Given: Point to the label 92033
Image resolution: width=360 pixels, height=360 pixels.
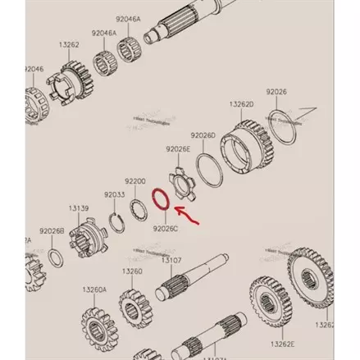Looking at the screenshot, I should (x=115, y=195).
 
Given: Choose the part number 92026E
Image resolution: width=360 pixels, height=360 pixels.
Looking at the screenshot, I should (x=178, y=149).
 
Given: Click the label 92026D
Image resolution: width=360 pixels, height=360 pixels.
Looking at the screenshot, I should (x=203, y=134).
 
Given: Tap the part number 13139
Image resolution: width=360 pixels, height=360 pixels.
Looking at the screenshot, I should (x=80, y=209).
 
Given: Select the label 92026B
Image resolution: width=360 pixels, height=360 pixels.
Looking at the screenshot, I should (x=51, y=231).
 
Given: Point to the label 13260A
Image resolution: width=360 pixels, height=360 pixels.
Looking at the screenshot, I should (x=93, y=289).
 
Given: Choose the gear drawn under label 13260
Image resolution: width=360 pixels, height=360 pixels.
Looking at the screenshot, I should (x=132, y=306).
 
